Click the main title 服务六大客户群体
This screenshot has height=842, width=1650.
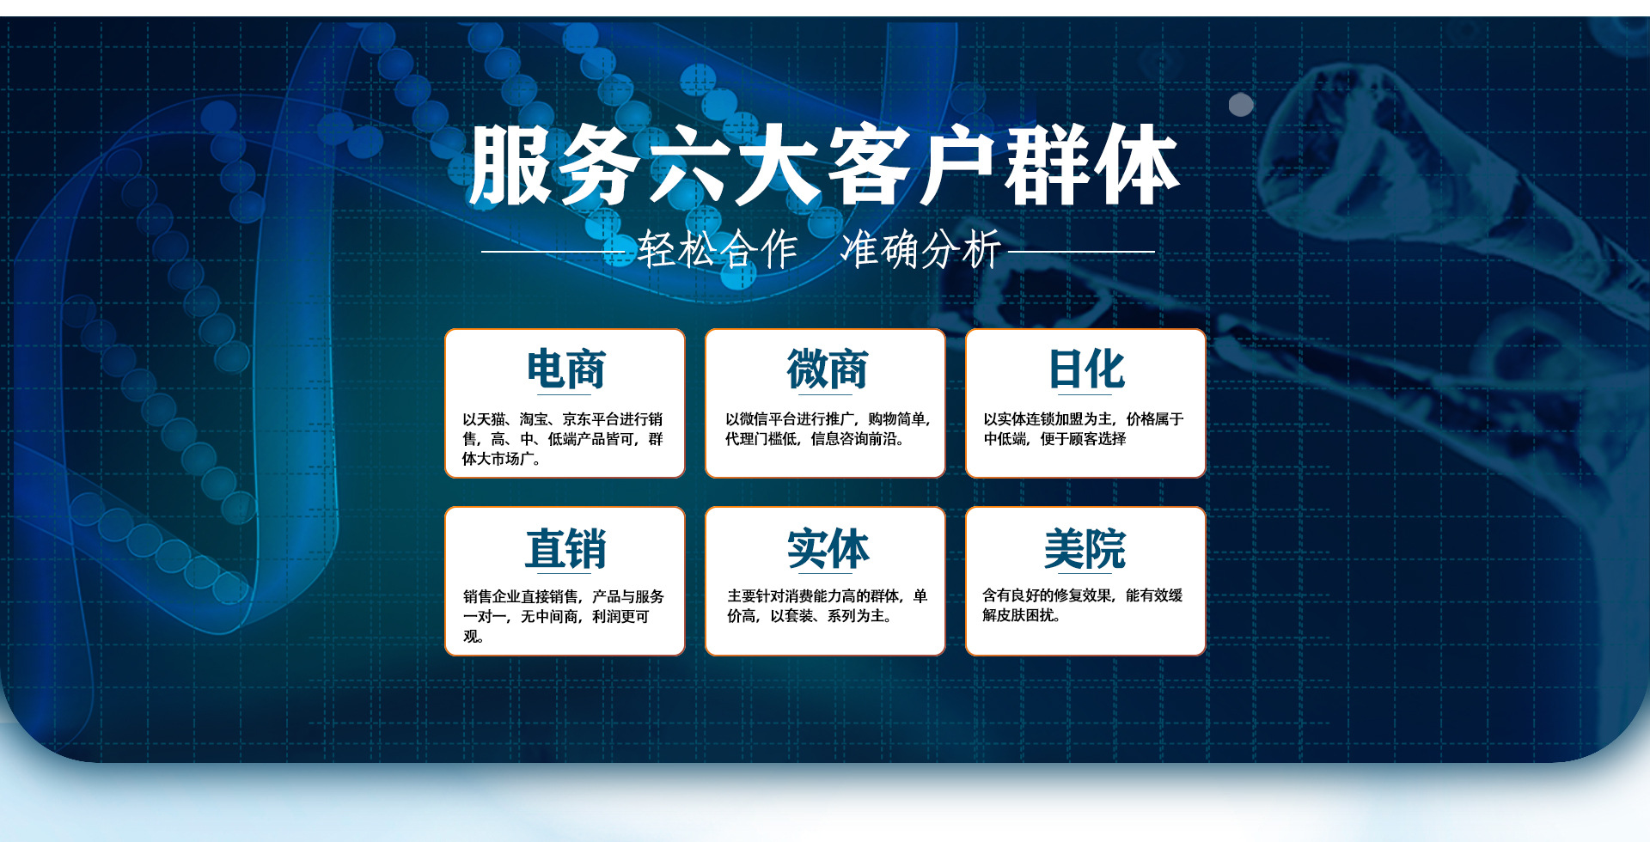pos(824,165)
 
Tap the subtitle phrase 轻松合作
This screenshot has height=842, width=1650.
pos(718,250)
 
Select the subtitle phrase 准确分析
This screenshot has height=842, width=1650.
pos(920,250)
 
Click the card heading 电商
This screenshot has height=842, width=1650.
pos(565,369)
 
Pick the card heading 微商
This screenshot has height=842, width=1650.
pos(827,369)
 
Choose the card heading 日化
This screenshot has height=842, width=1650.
pos(1086,369)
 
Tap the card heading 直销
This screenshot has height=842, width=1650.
pos(565,548)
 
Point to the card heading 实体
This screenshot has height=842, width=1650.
pos(828,548)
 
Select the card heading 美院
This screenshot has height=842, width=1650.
pos(1085,548)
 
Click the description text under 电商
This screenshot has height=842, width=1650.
pos(563,439)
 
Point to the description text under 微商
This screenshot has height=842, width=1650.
pos(828,429)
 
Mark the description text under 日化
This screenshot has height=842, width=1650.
pos(1084,429)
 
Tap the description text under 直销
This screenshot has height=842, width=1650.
pos(564,616)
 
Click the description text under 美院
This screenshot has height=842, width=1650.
pos(1083,605)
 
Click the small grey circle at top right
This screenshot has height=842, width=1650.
pos(1241,105)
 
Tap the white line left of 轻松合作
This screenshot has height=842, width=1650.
pos(553,252)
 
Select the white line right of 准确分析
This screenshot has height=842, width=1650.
pos(1081,252)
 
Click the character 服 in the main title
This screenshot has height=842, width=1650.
pos(512,165)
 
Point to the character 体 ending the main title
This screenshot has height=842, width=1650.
pos(1136,165)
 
